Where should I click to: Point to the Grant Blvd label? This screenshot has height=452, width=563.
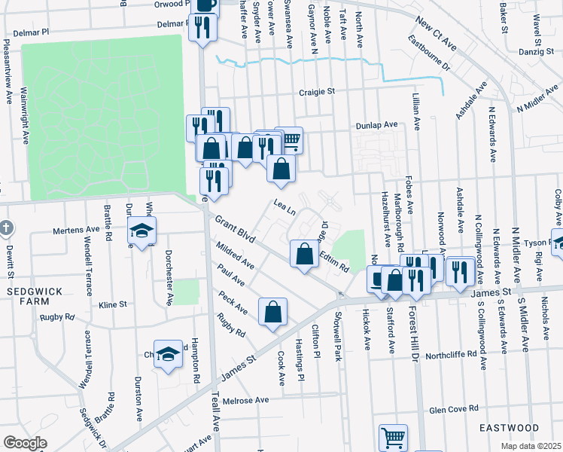point(235,231)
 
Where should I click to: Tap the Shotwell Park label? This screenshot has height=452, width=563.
point(339,331)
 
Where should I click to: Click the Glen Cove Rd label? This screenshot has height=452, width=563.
point(453,409)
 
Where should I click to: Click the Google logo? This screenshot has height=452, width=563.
point(25,443)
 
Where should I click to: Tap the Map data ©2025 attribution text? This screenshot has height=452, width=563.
point(531,446)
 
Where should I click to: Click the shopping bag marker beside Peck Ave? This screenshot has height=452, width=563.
point(272,311)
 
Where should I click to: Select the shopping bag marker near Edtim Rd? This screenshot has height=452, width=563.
point(304,253)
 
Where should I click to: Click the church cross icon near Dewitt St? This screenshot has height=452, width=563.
point(6,227)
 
